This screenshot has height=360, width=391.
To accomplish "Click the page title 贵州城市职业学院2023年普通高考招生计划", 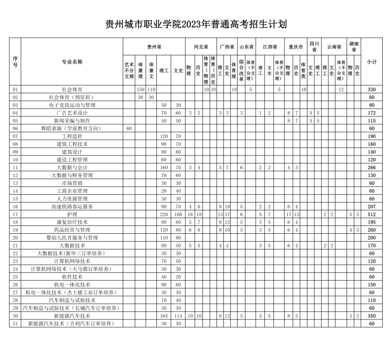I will [x=195, y=24].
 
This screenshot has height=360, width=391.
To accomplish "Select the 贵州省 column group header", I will [x=154, y=47].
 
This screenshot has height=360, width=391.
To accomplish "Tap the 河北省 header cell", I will [x=201, y=47].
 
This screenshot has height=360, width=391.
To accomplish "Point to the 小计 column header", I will [x=371, y=62].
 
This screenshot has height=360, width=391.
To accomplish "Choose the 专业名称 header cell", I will [x=72, y=62].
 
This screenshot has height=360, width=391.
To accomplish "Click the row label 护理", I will [x=72, y=214].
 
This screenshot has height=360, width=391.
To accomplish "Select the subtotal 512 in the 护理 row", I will [x=371, y=214].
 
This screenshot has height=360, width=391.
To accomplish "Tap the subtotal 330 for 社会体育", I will [x=371, y=90].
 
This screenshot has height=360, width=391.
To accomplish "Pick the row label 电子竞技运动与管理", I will [x=72, y=105].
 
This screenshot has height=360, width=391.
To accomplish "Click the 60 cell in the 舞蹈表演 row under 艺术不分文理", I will [x=129, y=129].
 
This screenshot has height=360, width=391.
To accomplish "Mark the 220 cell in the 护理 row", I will [x=164, y=214].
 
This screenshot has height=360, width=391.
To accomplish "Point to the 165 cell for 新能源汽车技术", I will [x=164, y=316].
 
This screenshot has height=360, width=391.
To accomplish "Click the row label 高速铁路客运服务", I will [x=72, y=206].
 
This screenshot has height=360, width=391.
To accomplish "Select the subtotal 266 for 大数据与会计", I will [x=371, y=167].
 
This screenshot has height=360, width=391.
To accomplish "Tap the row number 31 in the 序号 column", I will [x=15, y=324].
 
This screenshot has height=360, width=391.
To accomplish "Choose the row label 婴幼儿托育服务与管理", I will [x=72, y=238].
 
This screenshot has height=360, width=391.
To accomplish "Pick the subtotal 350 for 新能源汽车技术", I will [x=371, y=316].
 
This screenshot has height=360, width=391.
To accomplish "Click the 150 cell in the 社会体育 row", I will [x=141, y=90].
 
